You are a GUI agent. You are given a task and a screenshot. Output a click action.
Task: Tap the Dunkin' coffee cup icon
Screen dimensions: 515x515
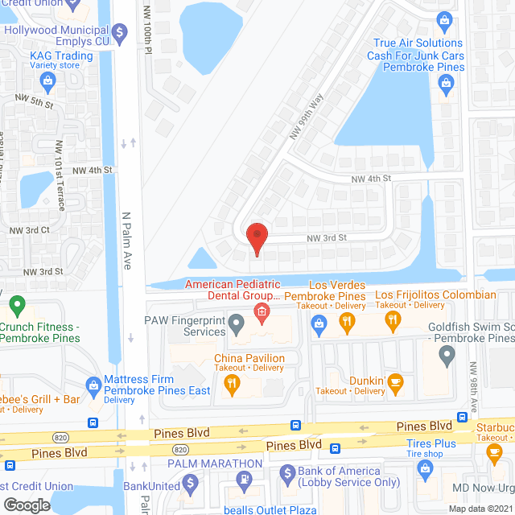pyautogui.click(x=394, y=381)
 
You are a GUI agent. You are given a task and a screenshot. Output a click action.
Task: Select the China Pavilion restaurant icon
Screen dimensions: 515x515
pyautogui.click(x=233, y=387)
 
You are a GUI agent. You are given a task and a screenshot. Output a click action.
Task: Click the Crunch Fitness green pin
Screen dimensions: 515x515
pyautogui.click(x=16, y=306)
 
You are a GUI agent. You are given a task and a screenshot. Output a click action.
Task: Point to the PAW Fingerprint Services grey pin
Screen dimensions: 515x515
pyautogui.click(x=236, y=325)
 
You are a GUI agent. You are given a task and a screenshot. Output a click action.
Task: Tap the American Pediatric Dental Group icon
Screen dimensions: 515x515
pyautogui.click(x=261, y=311)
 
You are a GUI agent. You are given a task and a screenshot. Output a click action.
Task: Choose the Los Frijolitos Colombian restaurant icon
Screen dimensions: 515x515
pyautogui.click(x=393, y=321)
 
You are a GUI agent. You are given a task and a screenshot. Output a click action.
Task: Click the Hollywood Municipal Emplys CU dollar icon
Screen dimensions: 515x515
pyautogui.click(x=121, y=32)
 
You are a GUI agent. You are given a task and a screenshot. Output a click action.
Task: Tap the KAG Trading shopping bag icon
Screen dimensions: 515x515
pyautogui.click(x=48, y=80)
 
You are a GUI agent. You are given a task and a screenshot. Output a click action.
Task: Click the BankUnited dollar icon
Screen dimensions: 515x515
pyautogui.click(x=190, y=484)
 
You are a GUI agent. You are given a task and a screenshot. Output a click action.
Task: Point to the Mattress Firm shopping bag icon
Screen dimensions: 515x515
pyautogui.click(x=93, y=383)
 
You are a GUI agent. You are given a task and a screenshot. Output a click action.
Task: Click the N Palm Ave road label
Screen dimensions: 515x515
pyautogui.click(x=126, y=241)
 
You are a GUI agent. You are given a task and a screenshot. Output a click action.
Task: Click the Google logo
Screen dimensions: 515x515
pyautogui.click(x=27, y=505)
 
